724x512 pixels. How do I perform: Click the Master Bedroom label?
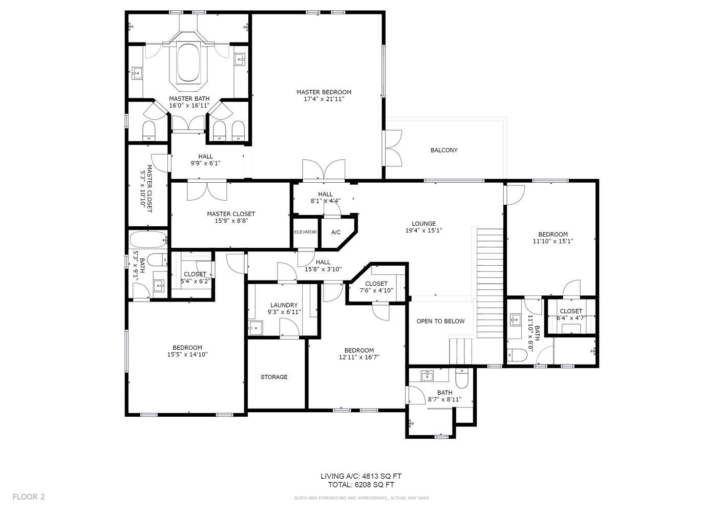tap(324, 92)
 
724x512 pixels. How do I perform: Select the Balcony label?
tap(444, 150)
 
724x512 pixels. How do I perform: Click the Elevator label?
tap(305, 232)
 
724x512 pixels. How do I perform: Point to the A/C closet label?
tap(336, 232)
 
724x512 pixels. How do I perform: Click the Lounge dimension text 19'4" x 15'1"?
tap(424, 230)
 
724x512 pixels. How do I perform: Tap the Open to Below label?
tap(440, 321)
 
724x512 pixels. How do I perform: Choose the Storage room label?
tap(274, 377)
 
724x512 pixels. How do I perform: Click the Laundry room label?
tap(284, 305)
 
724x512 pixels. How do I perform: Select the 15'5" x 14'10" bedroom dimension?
tap(187, 354)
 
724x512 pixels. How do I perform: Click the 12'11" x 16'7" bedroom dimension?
tap(359, 357)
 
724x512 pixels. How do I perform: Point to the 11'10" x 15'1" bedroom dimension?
tap(553, 241)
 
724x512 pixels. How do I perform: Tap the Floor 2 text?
tap(29, 497)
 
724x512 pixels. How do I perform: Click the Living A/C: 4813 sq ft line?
tap(361, 476)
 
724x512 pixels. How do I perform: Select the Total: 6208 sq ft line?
tap(361, 485)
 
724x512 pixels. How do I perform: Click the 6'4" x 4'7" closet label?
tap(571, 318)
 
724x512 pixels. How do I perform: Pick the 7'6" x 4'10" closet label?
tap(376, 290)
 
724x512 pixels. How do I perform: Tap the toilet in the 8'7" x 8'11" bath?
tap(461, 378)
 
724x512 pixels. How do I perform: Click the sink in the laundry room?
tap(255, 328)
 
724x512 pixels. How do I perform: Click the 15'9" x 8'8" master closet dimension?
tap(231, 221)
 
